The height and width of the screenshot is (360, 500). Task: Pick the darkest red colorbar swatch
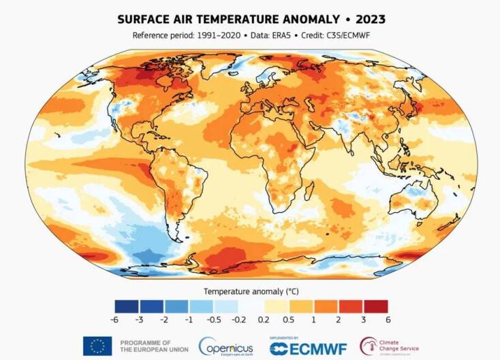coord(375,306)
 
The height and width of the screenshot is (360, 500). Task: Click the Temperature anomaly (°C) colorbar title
coord(249,291)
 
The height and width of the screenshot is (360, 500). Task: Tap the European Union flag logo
coord(97,346)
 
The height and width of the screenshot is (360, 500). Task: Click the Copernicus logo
coord(225,346)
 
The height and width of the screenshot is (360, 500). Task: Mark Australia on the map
coord(415,200)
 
